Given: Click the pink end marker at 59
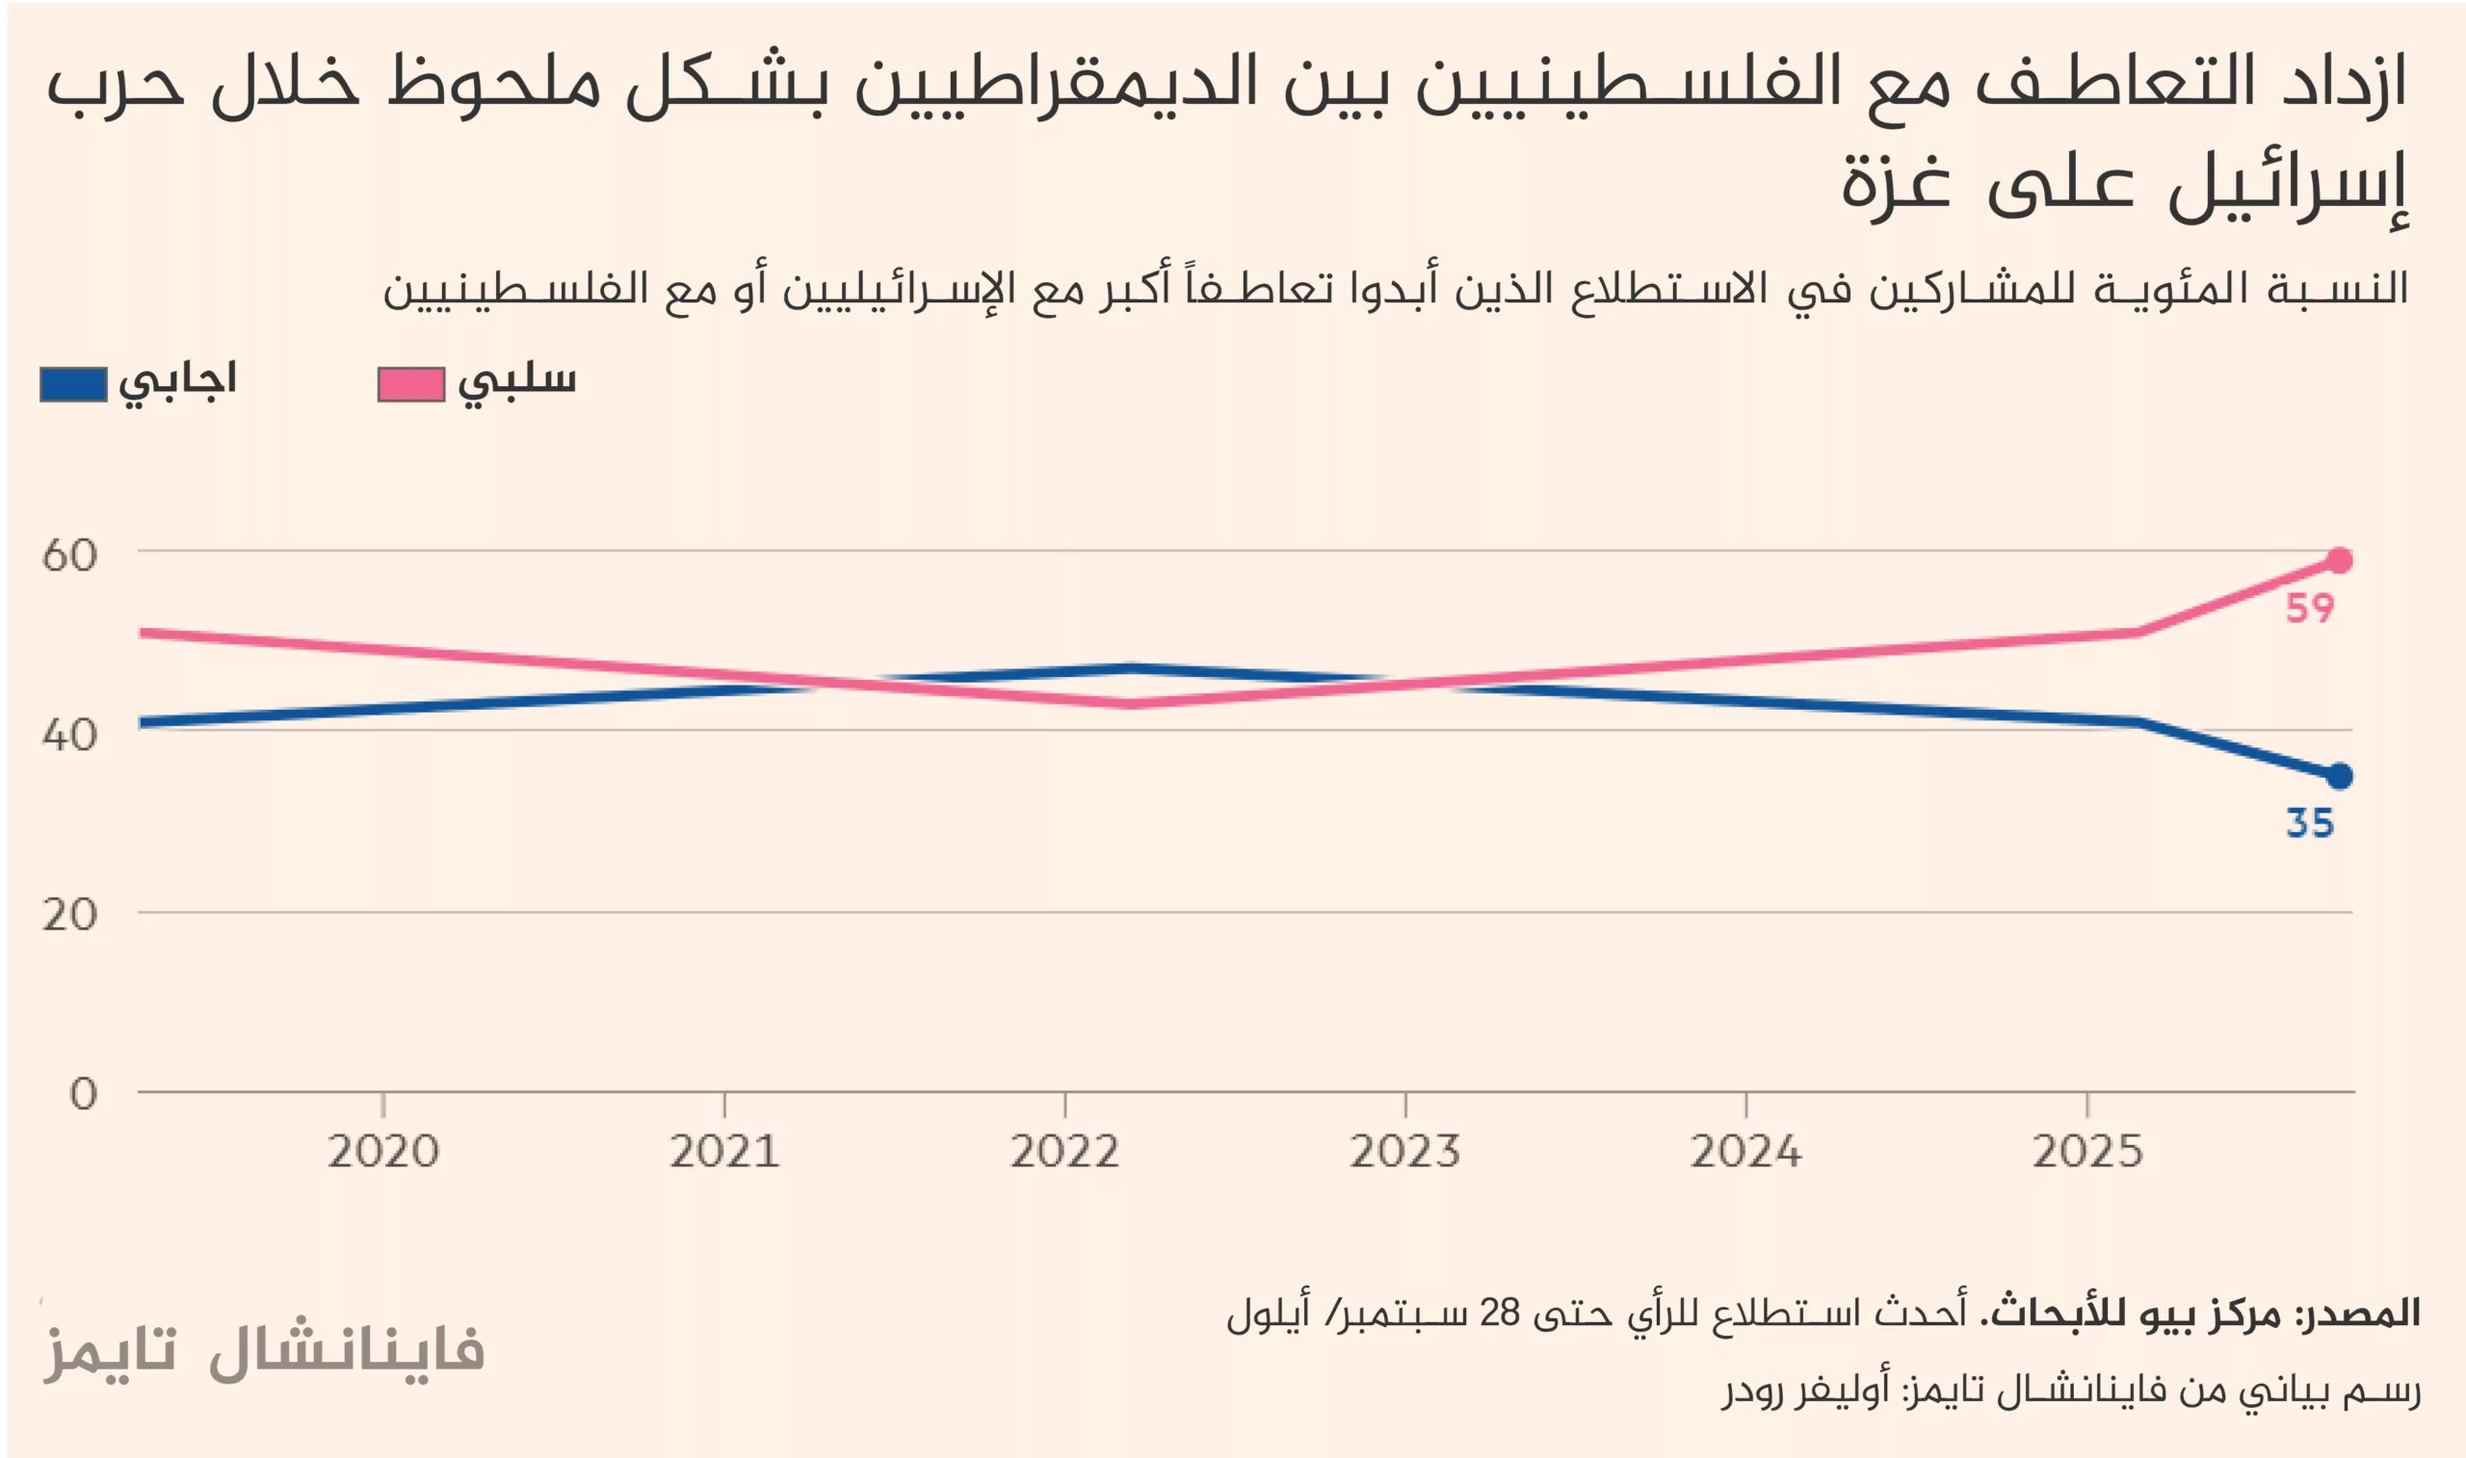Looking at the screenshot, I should coord(2339,560).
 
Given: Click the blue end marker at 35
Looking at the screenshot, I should coord(2339,776).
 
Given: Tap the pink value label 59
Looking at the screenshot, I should coord(2309,609).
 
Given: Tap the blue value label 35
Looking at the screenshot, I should coord(2309,823).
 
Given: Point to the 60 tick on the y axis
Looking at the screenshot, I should coord(69,555).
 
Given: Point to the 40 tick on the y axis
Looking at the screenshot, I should coord(69,735).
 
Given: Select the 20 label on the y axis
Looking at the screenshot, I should coord(69,915).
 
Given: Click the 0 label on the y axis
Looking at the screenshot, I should coord(84,1094).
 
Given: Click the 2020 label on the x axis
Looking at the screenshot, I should coord(383,1151).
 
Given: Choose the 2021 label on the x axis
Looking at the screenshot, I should coord(724,1151).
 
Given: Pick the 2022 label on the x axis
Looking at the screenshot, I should coord(1065,1151).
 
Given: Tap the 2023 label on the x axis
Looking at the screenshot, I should coord(1404,1151).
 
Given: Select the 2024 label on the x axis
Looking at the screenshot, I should coord(1745,1151).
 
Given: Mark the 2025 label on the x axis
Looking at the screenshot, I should coord(2086,1151).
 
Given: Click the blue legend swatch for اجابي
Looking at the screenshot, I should coord(73,384).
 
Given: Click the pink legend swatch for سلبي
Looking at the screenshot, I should coord(411,384).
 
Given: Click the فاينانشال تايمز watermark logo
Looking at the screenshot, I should coord(263,1350).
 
